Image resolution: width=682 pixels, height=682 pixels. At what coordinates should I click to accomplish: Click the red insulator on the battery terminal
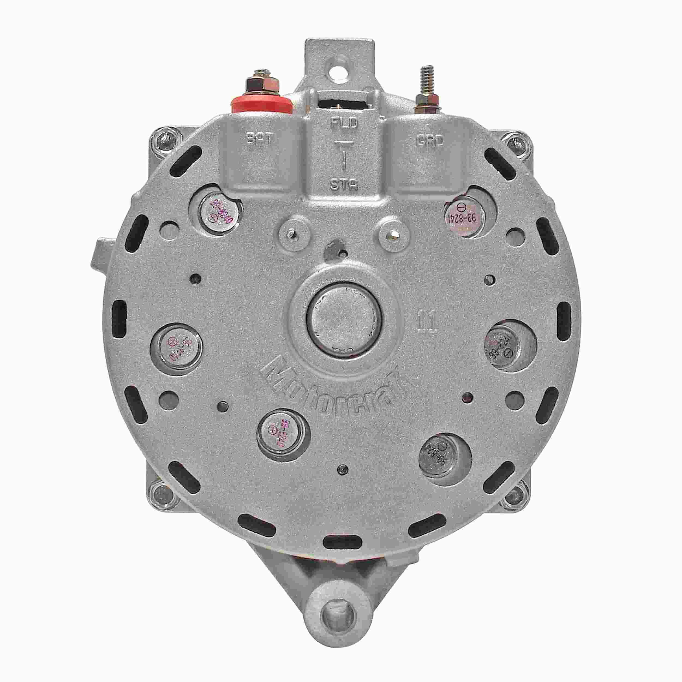262,104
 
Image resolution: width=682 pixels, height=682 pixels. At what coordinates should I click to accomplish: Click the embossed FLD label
344,124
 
